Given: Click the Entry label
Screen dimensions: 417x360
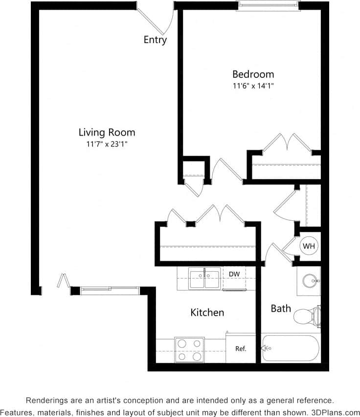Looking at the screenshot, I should click(155, 40).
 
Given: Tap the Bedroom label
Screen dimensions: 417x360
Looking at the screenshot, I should click(253, 74).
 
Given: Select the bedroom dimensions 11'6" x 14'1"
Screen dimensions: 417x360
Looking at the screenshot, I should click(253, 86).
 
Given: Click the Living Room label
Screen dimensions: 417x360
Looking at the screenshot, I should click(107, 132).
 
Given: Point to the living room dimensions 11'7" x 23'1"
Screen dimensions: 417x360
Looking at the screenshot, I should click(107, 144).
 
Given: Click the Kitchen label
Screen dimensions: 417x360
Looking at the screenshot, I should click(207, 312).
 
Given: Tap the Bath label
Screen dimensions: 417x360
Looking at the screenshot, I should click(281, 308).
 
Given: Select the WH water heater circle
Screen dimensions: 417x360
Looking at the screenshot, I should click(309, 246).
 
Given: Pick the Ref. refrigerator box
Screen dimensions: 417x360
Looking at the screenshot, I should click(241, 348).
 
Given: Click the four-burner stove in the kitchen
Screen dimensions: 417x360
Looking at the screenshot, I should click(189, 349).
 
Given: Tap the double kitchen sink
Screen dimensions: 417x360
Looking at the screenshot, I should click(204, 279).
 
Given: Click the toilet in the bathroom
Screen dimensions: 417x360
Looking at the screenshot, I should click(308, 316).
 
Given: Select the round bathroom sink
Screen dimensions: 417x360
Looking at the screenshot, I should click(309, 281).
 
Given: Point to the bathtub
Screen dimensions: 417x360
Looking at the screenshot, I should click(291, 348).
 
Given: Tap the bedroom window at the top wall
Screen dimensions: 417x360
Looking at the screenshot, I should click(268, 5).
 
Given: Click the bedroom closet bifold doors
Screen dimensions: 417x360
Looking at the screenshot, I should click(285, 143).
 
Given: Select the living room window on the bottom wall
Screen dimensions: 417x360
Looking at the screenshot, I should click(110, 291).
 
